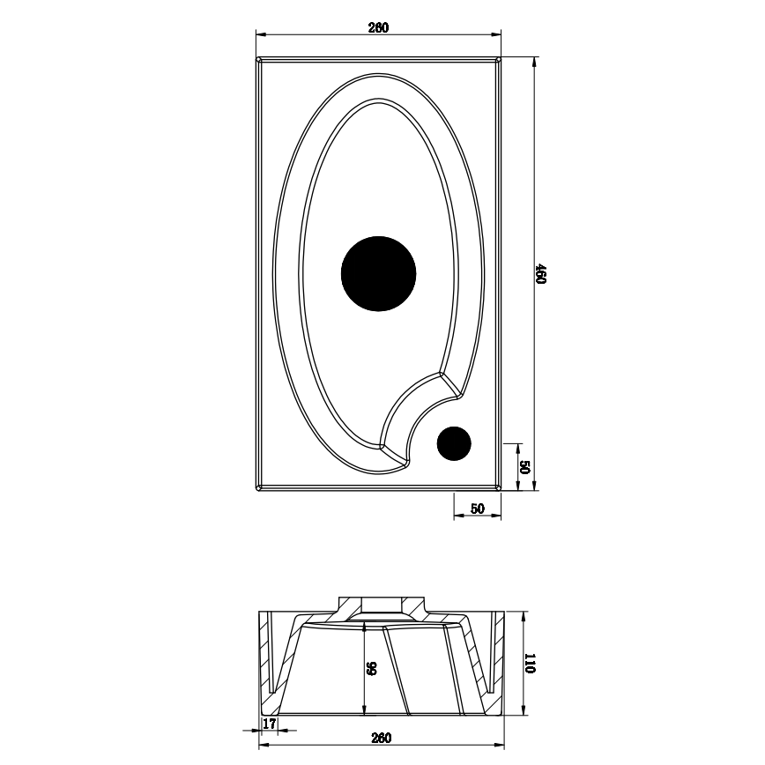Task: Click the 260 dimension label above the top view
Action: coord(378,27)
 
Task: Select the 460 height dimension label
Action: coord(543,274)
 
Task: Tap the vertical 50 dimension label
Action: coord(523,467)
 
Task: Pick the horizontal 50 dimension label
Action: coord(478,509)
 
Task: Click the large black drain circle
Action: coord(378,273)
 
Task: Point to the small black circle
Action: coord(455,443)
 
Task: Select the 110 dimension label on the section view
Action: coord(530,664)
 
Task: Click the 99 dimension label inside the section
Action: coord(372,670)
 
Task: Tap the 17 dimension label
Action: coord(270,724)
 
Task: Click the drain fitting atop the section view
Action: coord(380,607)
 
